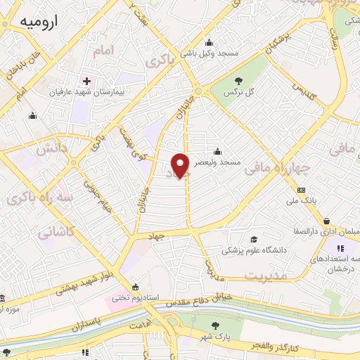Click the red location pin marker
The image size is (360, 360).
tap(182, 165)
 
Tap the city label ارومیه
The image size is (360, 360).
tap(37, 23)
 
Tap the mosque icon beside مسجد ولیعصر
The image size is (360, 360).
tap(218, 150)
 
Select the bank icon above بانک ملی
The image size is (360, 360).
tap(301, 191)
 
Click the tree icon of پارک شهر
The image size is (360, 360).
tap(216, 324)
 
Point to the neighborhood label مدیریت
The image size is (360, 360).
tap(267, 275)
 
